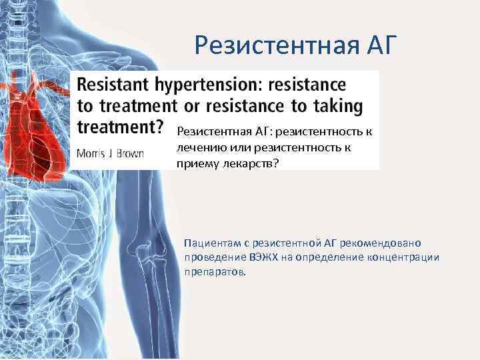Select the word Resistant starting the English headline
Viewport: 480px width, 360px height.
click(115, 85)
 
